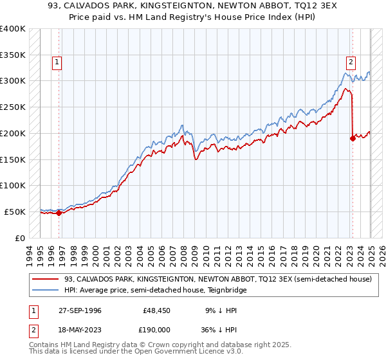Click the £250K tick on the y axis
tap(13, 107)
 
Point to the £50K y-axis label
tap(15, 212)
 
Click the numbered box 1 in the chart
tap(57, 62)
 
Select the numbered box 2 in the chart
tap(351, 62)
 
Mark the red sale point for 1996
tap(59, 213)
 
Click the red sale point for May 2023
tap(353, 138)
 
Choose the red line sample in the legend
tap(46, 279)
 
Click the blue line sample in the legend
tap(46, 290)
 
